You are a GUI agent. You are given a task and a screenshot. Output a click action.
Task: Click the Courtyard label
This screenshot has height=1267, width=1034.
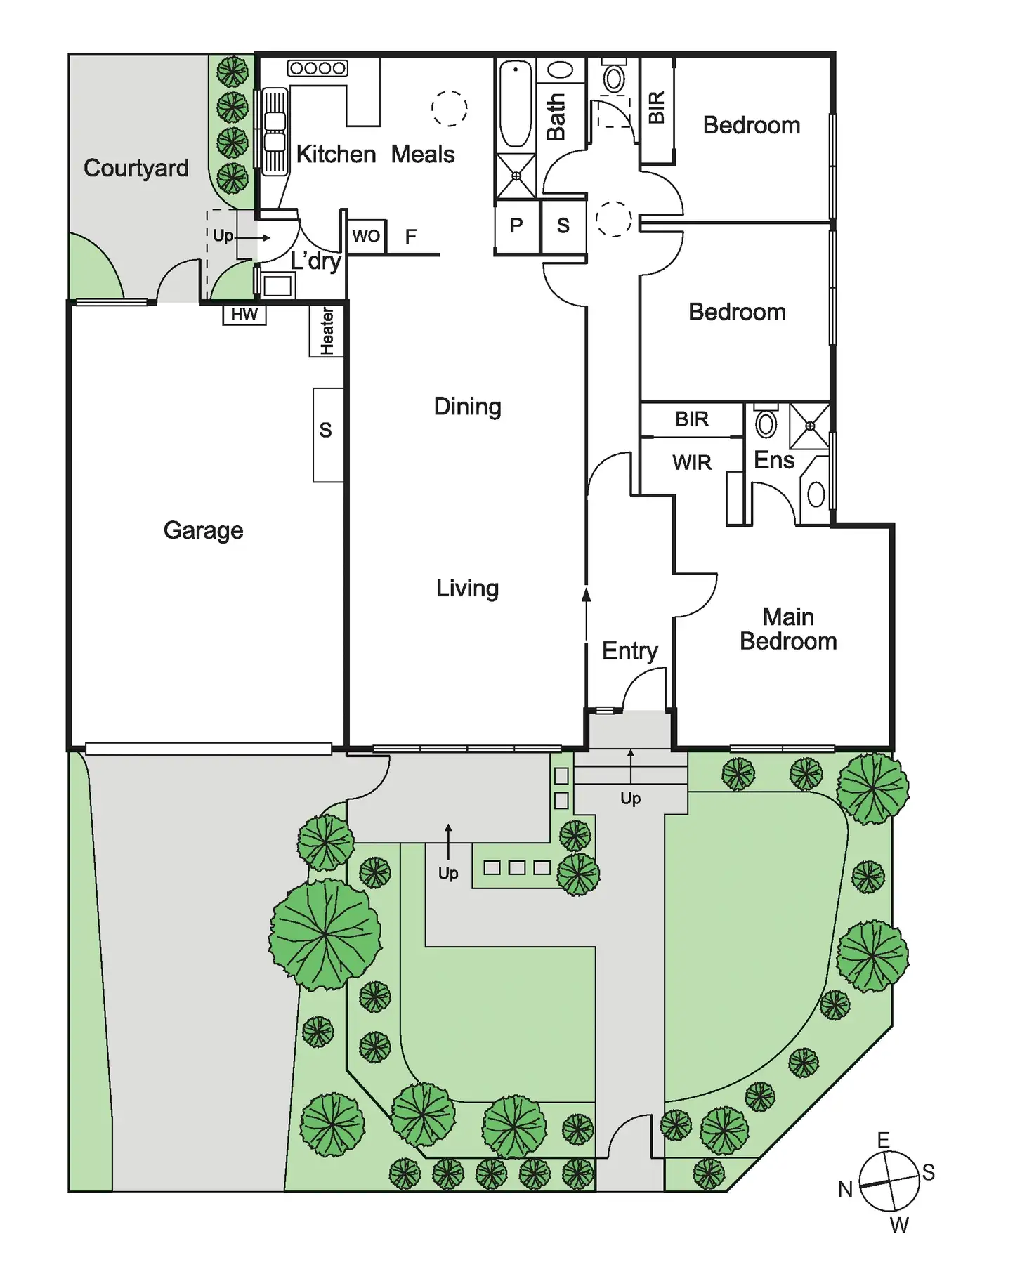coord(136,169)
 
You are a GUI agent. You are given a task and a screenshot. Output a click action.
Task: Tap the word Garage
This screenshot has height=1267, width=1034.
coord(203,531)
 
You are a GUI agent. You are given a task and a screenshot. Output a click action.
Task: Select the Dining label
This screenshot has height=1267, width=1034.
coord(467,407)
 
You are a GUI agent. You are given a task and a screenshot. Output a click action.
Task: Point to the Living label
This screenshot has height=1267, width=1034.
coord(467,589)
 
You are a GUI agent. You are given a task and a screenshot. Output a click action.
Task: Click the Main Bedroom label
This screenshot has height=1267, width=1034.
coord(788,629)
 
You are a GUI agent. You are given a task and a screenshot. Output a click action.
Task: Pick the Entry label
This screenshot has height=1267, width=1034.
coord(629,651)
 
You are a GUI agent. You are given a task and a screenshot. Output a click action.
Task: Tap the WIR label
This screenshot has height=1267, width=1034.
coord(692,463)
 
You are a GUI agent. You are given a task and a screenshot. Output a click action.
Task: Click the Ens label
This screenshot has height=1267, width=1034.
coord(773,461)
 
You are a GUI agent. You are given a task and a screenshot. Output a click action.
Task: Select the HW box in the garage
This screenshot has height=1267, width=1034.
coord(244,315)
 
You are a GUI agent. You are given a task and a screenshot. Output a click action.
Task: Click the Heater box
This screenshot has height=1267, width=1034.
coord(327,331)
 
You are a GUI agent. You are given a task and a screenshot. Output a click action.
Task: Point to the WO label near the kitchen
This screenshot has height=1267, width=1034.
coord(366,236)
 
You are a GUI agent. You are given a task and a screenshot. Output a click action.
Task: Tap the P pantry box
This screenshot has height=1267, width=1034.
coord(516,226)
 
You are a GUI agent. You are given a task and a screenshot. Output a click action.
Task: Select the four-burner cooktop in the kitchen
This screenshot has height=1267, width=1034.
coord(318,68)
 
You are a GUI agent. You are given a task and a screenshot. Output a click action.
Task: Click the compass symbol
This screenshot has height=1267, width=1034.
coord(889,1181)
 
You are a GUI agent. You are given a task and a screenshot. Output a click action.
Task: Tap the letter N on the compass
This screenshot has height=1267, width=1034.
coord(846,1189)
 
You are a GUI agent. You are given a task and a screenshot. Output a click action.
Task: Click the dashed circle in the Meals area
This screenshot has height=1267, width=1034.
coord(450,109)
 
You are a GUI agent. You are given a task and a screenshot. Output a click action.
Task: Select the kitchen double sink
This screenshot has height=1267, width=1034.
coord(275,131)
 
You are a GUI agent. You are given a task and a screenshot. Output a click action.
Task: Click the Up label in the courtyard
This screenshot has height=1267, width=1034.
coord(223,236)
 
